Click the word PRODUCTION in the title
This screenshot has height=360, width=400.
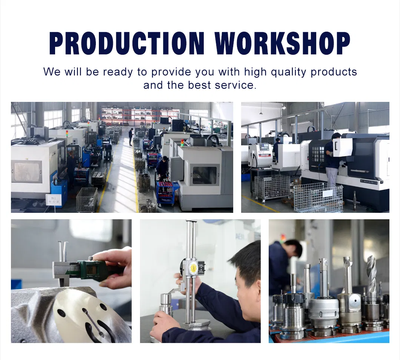[x=127, y=43]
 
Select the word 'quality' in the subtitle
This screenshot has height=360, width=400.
[x=288, y=72]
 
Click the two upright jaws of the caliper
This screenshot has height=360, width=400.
[x=62, y=251]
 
